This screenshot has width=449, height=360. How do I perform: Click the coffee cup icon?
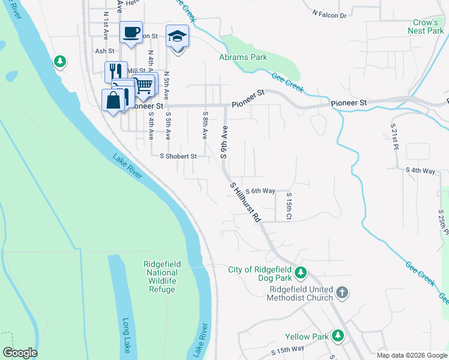[x=131, y=32]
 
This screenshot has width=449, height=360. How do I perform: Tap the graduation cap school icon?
[x=177, y=36]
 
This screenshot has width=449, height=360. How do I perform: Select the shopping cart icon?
[x=143, y=85]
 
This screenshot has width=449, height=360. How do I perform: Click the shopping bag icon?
[x=113, y=100]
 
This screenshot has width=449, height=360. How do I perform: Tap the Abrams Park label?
[x=243, y=58]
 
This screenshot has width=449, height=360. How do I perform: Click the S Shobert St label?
[x=178, y=156]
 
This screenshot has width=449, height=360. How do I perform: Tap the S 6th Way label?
[x=260, y=191]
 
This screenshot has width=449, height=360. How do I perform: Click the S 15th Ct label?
[x=289, y=205]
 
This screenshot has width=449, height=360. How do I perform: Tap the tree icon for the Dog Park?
[x=301, y=273]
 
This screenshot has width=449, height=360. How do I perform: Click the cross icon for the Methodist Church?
[x=342, y=293]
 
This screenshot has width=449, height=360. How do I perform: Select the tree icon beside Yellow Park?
[x=339, y=336]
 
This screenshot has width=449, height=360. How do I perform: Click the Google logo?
[x=20, y=353]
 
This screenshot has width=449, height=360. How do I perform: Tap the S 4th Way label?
[x=420, y=171]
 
